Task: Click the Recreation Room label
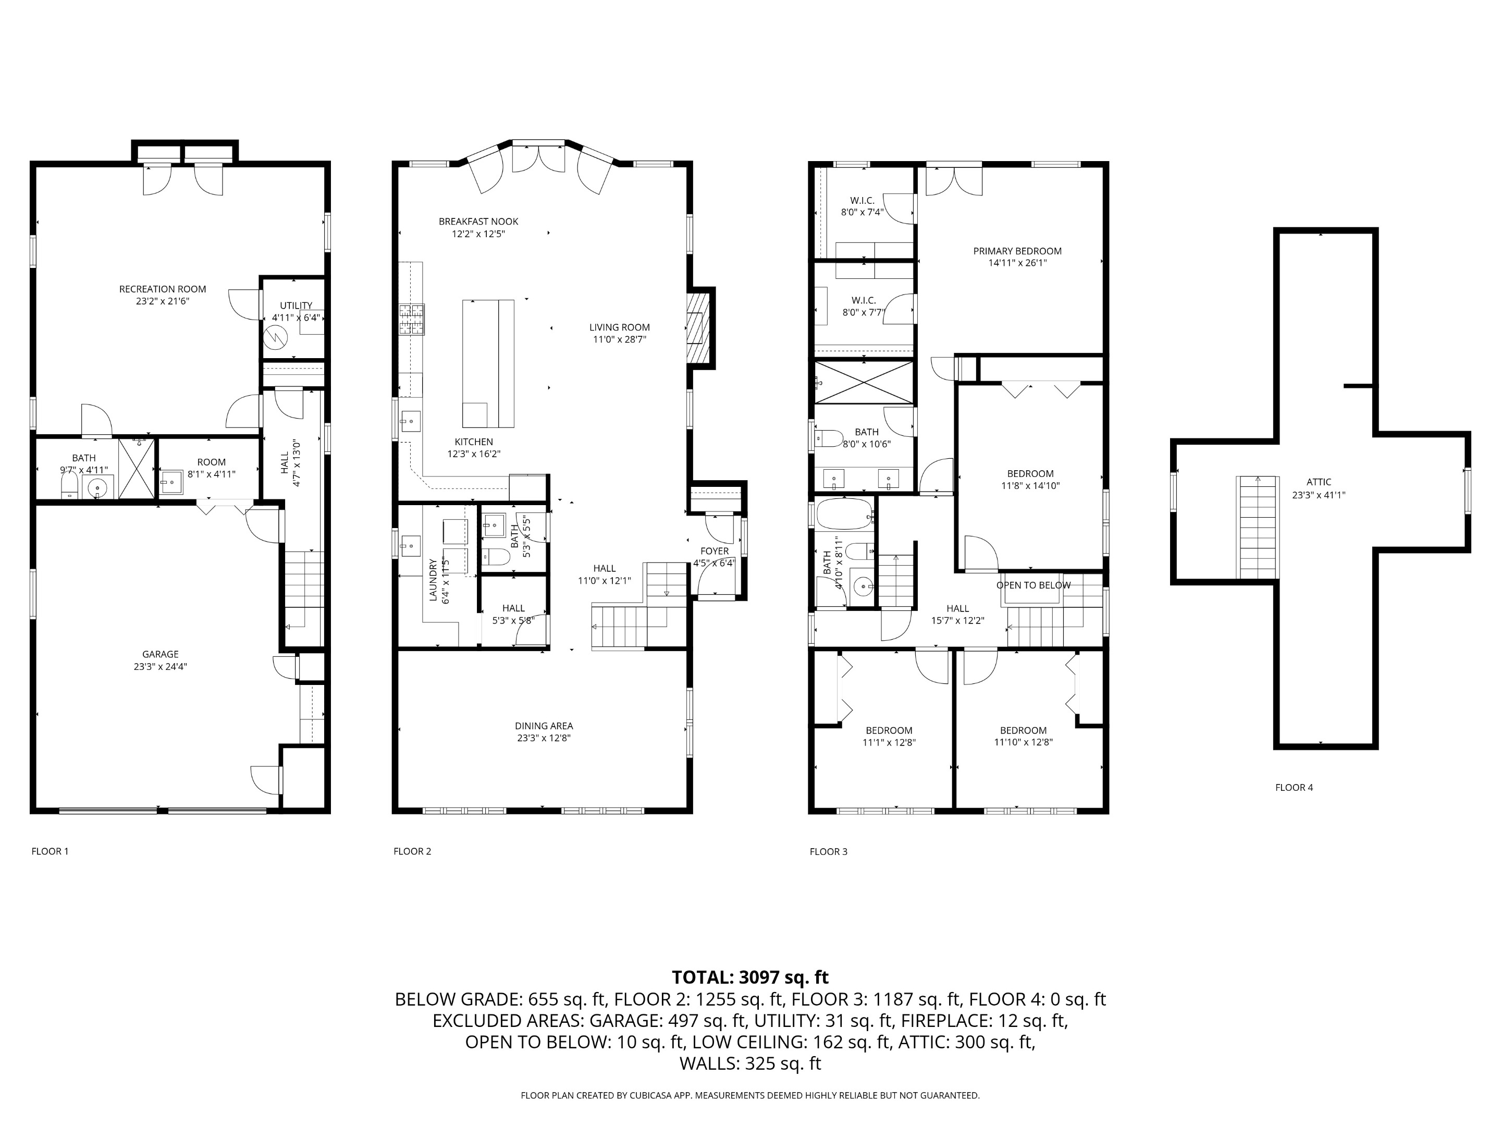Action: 162,289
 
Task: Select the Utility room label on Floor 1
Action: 296,305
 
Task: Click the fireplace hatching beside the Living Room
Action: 697,328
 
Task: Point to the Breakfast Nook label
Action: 478,221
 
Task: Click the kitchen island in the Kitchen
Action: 487,363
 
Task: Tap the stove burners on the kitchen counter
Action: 411,319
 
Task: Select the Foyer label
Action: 714,551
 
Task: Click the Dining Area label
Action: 544,726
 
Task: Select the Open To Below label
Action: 1033,585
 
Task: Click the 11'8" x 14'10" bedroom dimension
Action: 1029,486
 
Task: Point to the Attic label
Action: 1319,482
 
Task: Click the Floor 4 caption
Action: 1294,787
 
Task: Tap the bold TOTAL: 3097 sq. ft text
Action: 750,977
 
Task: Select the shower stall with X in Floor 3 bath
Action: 864,383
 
